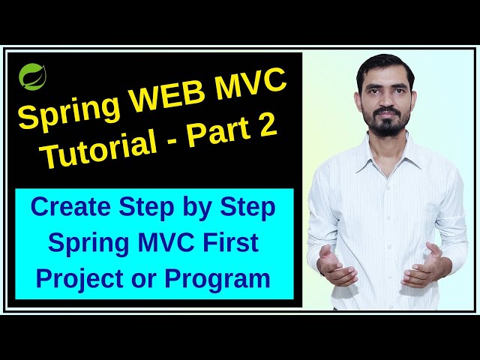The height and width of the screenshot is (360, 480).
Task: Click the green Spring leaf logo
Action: tap(32, 76)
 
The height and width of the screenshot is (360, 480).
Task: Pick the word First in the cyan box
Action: tap(224, 242)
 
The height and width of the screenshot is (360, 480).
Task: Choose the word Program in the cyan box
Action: tap(217, 279)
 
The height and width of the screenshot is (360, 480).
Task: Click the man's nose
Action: tap(385, 100)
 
